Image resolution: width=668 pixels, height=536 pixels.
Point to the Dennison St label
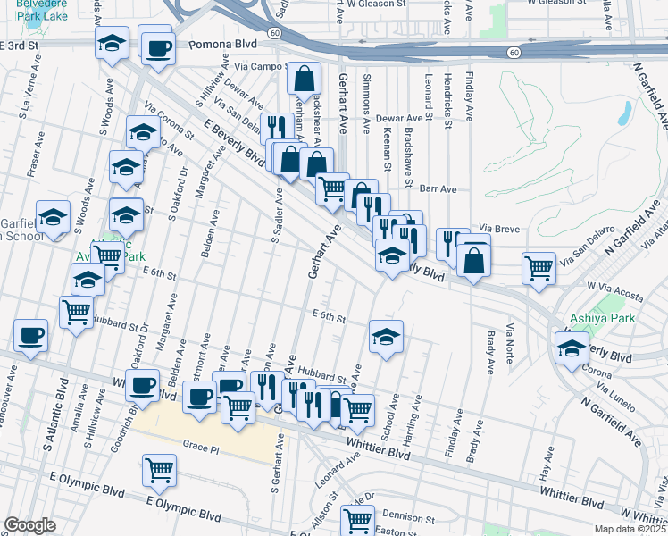click(x=407, y=516)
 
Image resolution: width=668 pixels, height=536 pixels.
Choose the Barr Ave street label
click(x=438, y=189)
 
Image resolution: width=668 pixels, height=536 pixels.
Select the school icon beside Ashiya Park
click(x=572, y=348)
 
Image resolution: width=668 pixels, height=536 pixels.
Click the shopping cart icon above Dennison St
click(x=358, y=518)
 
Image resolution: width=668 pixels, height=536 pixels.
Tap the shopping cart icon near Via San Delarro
click(x=539, y=266)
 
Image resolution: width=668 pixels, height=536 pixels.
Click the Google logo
click(x=29, y=525)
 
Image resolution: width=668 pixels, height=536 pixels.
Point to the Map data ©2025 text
click(x=630, y=529)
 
